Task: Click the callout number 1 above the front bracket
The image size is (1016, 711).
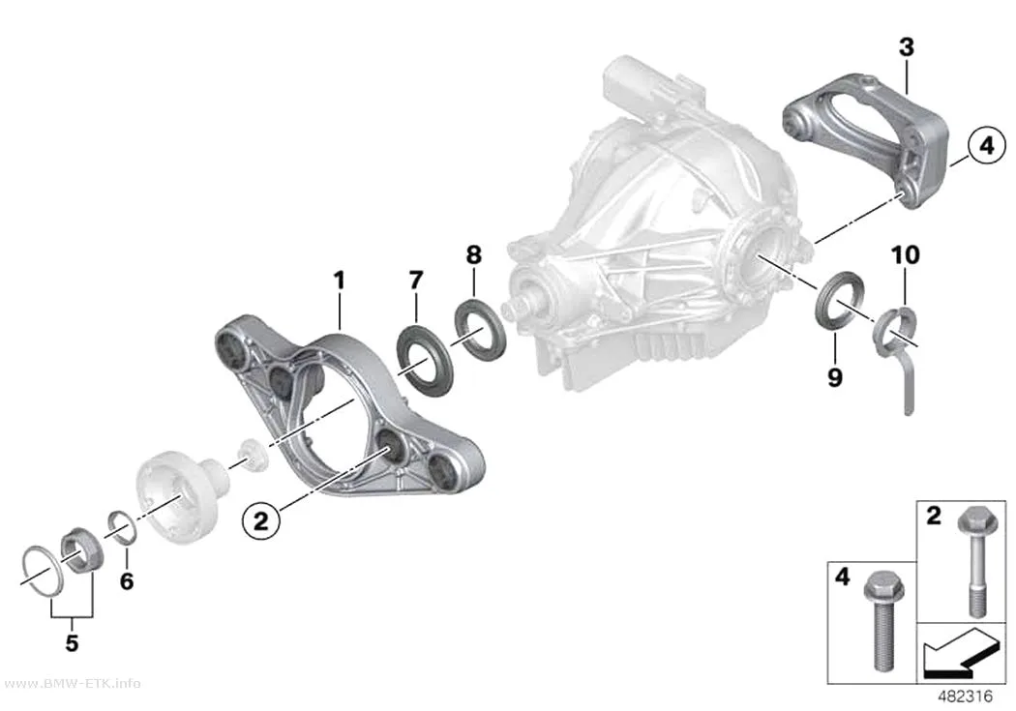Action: coord(340,281)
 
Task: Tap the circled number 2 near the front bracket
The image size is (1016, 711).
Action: coord(261,519)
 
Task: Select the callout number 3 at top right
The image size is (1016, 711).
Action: coord(907,46)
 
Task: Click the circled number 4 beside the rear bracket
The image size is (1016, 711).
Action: coord(986,146)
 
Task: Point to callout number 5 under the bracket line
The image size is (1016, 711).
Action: coord(72,642)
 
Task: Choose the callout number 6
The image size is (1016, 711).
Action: coord(127,580)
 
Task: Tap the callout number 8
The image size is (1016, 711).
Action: coord(474,254)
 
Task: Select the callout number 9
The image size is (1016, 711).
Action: coord(834,377)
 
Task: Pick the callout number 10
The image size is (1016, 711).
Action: coord(905,255)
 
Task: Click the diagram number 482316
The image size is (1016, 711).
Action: coord(966,696)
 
